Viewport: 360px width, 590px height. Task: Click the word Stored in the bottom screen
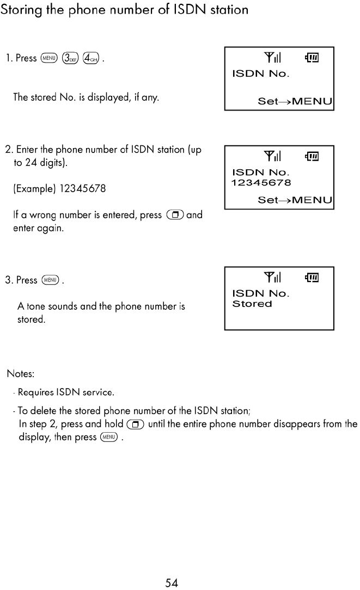click(252, 304)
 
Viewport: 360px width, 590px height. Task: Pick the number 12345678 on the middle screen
click(261, 183)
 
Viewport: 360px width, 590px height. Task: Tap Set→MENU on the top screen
click(295, 102)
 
